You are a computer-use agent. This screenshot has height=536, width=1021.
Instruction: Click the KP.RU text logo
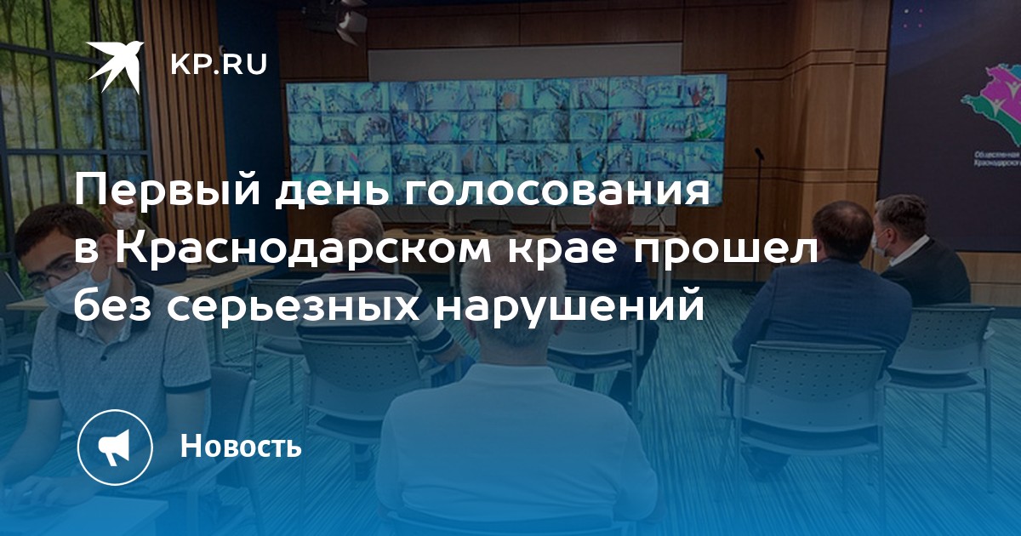click(x=219, y=65)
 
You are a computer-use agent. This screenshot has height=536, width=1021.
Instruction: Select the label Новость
click(x=241, y=446)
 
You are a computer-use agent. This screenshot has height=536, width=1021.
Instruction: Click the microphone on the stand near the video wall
click(x=758, y=153)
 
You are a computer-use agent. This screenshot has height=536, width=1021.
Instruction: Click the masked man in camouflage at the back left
click(x=123, y=223)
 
